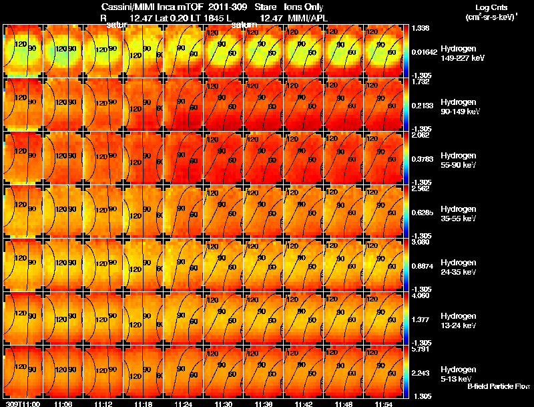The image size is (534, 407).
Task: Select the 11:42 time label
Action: click(x=303, y=404)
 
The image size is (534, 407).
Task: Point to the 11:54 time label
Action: click(x=383, y=404)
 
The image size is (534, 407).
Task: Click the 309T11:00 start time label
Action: click(x=22, y=404)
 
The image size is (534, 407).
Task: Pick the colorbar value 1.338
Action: click(x=420, y=28)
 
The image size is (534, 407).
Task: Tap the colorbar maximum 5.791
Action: click(x=420, y=349)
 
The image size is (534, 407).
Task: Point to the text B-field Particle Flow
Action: click(x=498, y=386)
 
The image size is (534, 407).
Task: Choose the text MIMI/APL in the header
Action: click(x=307, y=17)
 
